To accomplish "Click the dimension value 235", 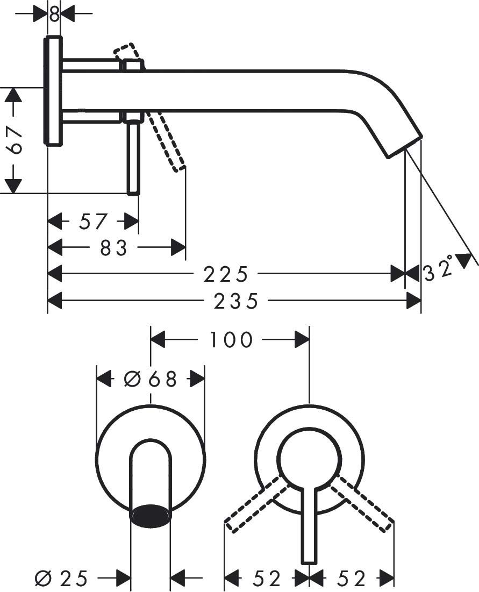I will click(x=236, y=302).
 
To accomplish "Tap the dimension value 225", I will click(x=226, y=274).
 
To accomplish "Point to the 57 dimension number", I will click(x=94, y=221).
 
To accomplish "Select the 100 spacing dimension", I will click(x=231, y=340).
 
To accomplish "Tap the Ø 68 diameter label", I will click(x=150, y=379).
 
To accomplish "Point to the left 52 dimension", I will click(x=267, y=579).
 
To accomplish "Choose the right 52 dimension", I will click(x=351, y=579).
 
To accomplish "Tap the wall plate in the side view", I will click(x=54, y=90).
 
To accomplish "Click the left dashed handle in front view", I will click(x=255, y=504).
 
